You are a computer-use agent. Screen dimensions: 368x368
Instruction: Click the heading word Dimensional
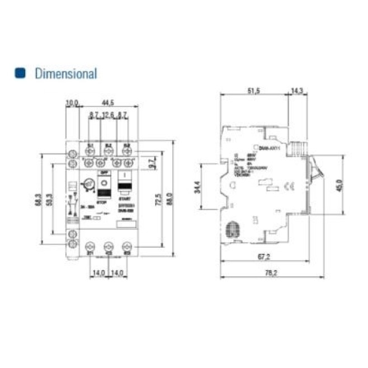coord(65,73)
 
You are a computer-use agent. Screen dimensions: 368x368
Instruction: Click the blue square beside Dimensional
coord(21,73)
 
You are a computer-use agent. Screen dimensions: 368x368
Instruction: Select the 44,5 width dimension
coord(108,102)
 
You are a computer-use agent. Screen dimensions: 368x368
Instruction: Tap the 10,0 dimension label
coord(72,102)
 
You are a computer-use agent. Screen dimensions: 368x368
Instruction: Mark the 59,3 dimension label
coord(52,199)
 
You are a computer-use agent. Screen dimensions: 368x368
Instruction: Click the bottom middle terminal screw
coord(108,246)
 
